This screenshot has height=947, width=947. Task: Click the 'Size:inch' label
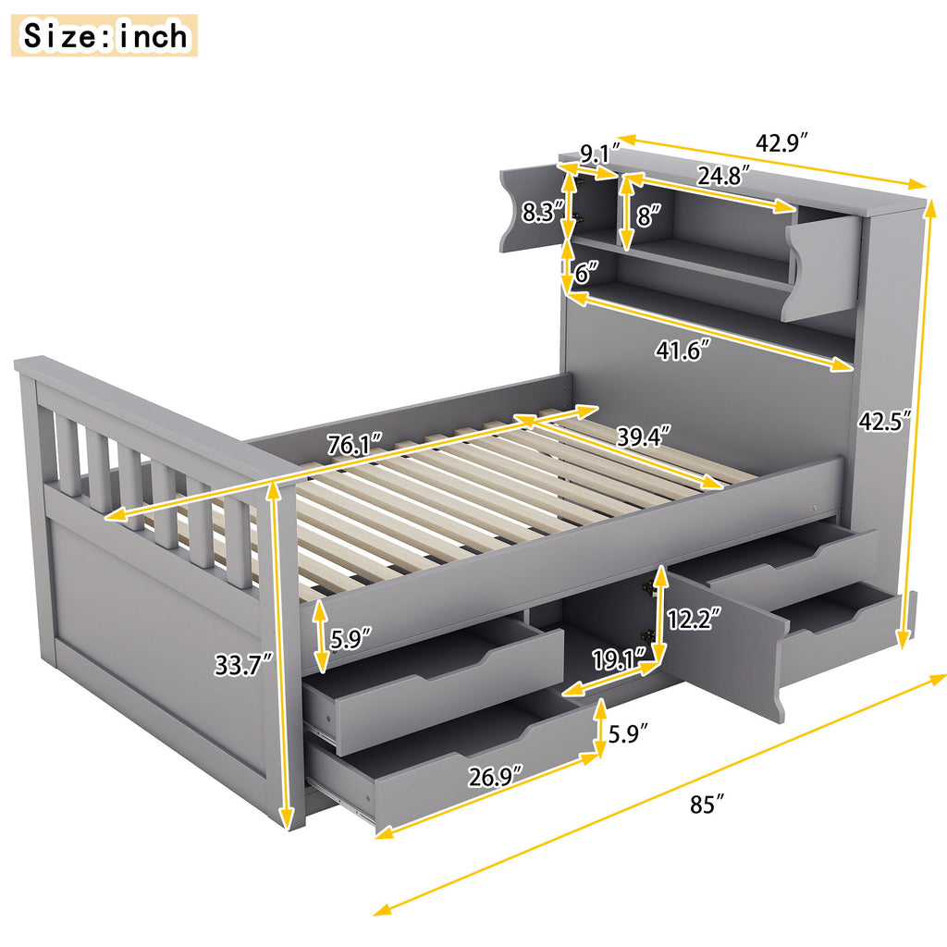[105, 35]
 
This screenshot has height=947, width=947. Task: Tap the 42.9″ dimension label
[782, 143]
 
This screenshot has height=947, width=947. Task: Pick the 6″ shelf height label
[584, 274]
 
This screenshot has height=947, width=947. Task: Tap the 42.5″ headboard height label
[884, 422]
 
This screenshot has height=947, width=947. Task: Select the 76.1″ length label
[355, 444]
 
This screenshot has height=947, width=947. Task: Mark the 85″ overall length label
[705, 806]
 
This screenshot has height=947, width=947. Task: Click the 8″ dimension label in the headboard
[649, 217]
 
